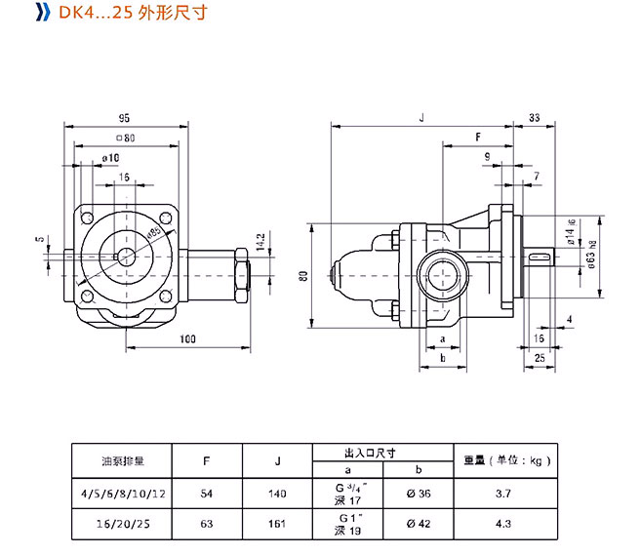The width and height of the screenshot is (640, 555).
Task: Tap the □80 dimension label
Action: [123, 138]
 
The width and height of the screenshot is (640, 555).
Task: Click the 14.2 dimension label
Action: [260, 240]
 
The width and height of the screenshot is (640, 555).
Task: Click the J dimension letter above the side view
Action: [420, 116]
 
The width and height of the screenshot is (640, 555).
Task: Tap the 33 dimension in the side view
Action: [534, 116]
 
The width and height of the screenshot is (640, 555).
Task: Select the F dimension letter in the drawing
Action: [478, 138]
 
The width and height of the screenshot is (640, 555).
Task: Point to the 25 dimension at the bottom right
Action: [540, 359]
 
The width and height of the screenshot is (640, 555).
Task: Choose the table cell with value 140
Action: [277, 495]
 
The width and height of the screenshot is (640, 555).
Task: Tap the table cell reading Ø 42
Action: [418, 524]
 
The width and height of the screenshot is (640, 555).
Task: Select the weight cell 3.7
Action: [503, 495]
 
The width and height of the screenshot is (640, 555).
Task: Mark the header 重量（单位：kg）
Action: [503, 460]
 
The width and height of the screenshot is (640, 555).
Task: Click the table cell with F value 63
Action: [207, 524]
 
